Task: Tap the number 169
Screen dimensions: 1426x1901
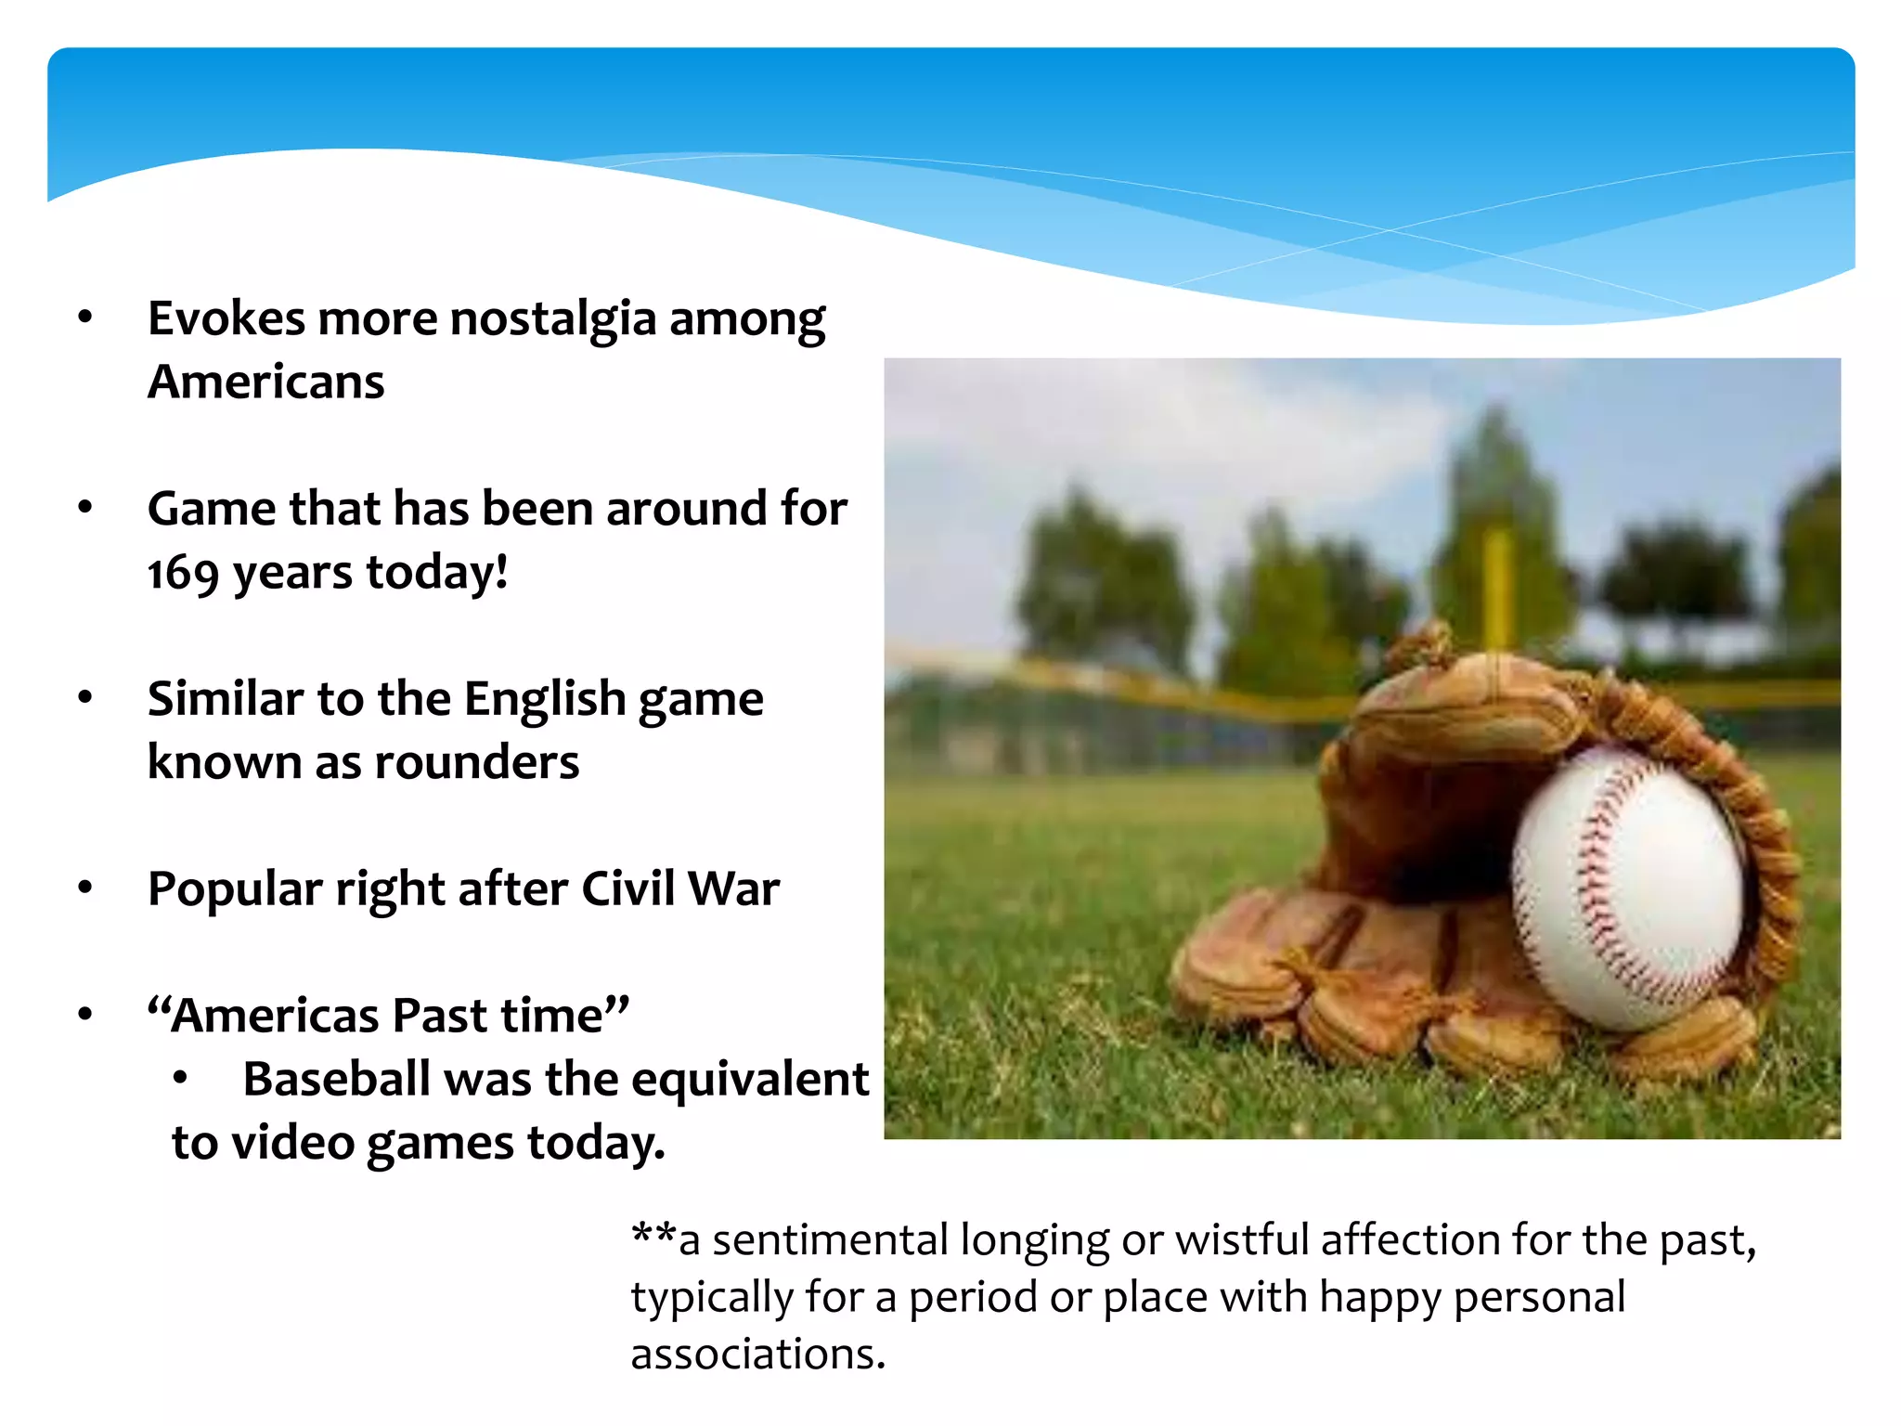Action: point(183,574)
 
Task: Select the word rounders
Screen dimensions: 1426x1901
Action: point(477,763)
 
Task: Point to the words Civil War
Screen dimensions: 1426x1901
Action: point(680,889)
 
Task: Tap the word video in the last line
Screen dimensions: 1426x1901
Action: point(292,1143)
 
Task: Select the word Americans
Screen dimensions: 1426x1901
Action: point(266,382)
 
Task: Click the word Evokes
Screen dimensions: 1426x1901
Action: point(226,319)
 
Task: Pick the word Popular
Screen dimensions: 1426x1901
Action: point(235,889)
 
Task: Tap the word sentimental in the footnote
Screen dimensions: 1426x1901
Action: point(831,1241)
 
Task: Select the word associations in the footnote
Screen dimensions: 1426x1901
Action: point(757,1355)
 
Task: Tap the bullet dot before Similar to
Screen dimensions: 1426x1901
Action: point(85,697)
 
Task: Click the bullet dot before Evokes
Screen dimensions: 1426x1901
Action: point(85,318)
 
